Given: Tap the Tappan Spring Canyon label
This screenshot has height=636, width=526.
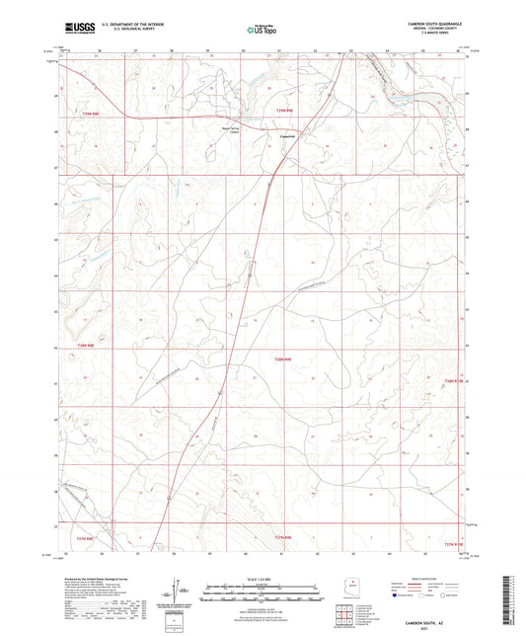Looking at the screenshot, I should click(230, 127).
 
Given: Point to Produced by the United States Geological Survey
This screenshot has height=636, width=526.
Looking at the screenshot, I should click(99, 579).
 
